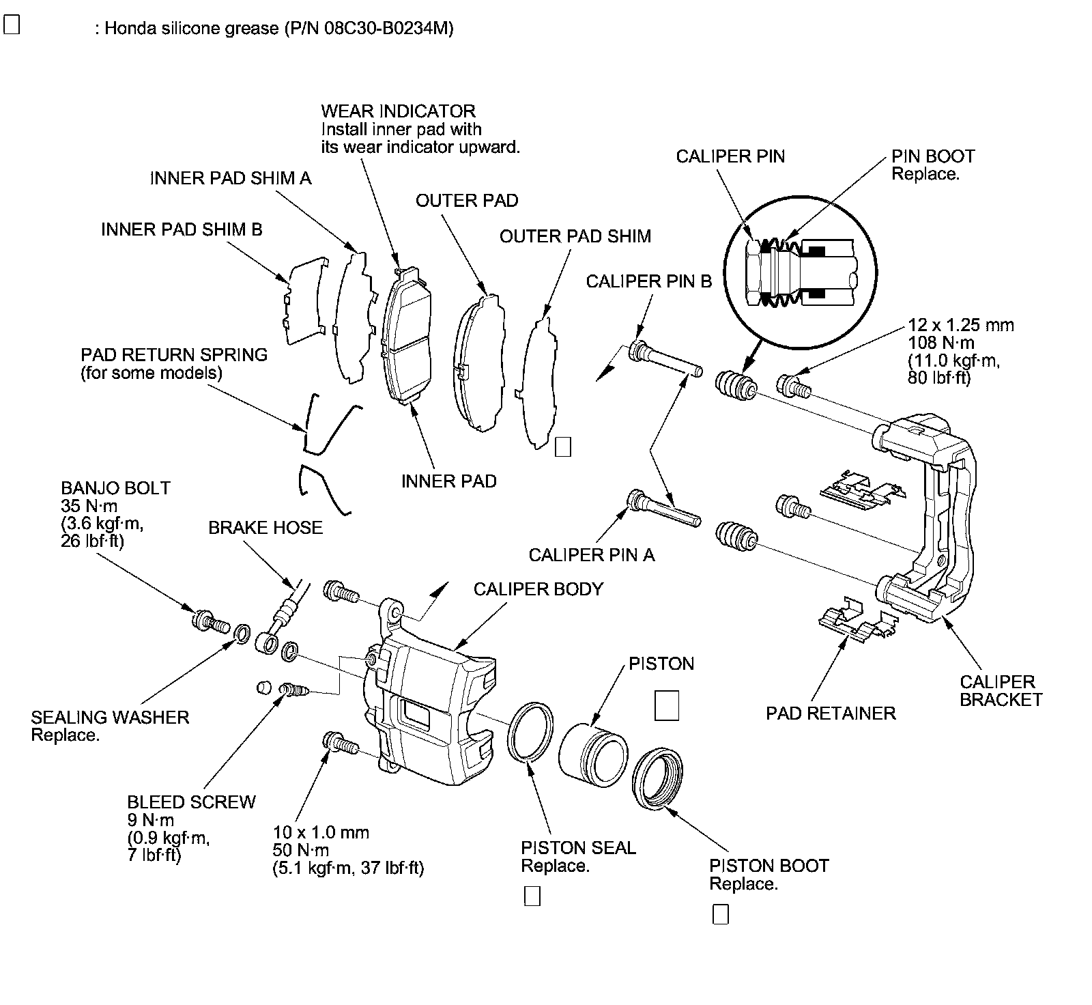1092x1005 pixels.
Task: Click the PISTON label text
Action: pyautogui.click(x=661, y=664)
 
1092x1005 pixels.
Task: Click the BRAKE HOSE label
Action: pyautogui.click(x=265, y=528)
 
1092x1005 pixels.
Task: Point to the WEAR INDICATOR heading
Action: pyautogui.click(x=399, y=111)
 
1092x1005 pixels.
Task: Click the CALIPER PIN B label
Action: pyautogui.click(x=649, y=281)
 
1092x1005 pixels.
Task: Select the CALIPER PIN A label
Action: pyautogui.click(x=592, y=555)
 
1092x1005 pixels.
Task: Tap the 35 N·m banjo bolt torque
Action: pyautogui.click(x=89, y=506)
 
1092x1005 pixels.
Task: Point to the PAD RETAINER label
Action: pyautogui.click(x=831, y=713)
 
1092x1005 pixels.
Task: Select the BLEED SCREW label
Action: pyautogui.click(x=191, y=802)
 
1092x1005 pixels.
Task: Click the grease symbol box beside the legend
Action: pyautogui.click(x=12, y=25)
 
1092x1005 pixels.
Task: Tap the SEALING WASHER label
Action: pyautogui.click(x=110, y=718)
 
